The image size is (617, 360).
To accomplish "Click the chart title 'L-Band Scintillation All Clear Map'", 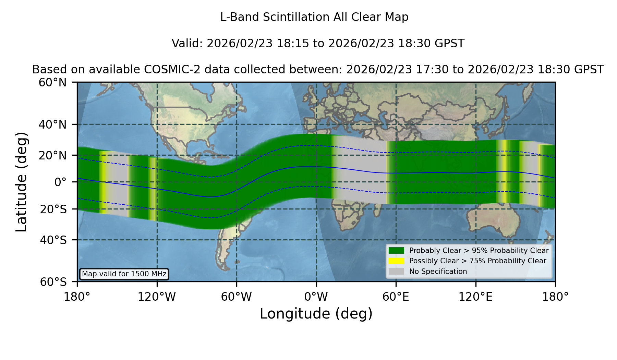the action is [x=314, y=17].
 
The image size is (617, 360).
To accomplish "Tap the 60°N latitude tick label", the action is [x=52, y=83].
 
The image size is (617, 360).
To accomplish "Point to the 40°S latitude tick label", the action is [x=53, y=240].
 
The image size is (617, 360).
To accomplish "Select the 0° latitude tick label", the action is [x=60, y=182].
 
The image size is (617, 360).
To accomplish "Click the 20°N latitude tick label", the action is [x=52, y=155].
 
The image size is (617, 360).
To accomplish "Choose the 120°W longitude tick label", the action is [x=157, y=297].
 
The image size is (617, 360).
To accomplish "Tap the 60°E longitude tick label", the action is [x=396, y=297].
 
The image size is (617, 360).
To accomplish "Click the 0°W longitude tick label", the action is [x=316, y=297].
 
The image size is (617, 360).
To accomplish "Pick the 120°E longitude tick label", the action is [x=475, y=297].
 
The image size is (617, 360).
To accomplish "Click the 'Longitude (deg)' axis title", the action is [x=316, y=314].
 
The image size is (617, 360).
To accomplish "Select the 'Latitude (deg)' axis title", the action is [x=21, y=182].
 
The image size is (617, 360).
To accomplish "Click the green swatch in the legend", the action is [x=397, y=251].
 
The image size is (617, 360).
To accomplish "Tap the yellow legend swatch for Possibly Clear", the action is [x=397, y=261].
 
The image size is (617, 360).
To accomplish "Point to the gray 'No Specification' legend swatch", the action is [x=397, y=272].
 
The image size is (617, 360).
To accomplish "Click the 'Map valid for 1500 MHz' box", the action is [x=124, y=274].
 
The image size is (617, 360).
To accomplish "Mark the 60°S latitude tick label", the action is [x=53, y=282].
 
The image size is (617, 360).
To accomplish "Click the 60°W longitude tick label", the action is [x=236, y=297].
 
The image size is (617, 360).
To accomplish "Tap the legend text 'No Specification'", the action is [x=438, y=272].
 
